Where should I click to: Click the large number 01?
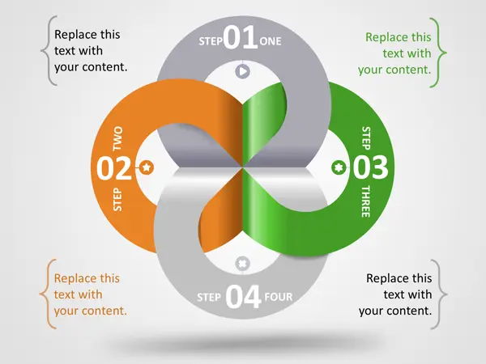coord(241,37)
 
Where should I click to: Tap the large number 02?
coord(114,168)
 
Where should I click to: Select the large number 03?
coord(370,167)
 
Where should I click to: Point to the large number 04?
coord(243,297)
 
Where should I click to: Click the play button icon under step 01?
coord(243,71)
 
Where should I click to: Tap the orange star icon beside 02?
coord(147,167)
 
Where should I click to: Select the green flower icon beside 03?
coord(339,167)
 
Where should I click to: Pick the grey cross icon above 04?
coord(243,264)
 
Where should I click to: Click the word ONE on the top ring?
coord(271,41)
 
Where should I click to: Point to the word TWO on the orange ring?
coord(117,138)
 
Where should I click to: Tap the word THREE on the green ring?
coord(366,201)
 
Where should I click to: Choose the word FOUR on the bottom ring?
coord(279,297)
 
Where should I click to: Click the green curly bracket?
coord(438,53)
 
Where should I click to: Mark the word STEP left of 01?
coord(211,41)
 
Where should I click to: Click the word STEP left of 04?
coord(209,297)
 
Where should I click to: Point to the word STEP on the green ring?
coord(366,138)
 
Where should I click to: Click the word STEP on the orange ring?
coord(117,199)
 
